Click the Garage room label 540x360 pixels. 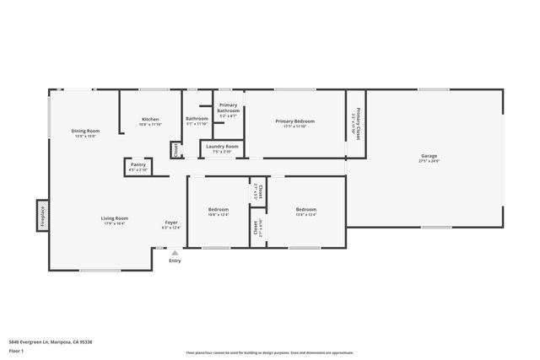[429, 157]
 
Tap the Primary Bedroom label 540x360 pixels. [294, 122]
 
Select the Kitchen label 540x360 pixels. [150, 121]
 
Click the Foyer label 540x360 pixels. [170, 224]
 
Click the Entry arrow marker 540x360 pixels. [175, 252]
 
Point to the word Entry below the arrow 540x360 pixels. [175, 261]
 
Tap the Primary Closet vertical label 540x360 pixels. [356, 124]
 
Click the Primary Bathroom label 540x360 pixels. [228, 110]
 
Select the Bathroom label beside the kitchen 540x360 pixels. [197, 120]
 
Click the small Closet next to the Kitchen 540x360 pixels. [175, 150]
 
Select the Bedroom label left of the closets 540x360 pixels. [219, 211]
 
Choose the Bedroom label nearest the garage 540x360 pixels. [305, 211]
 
